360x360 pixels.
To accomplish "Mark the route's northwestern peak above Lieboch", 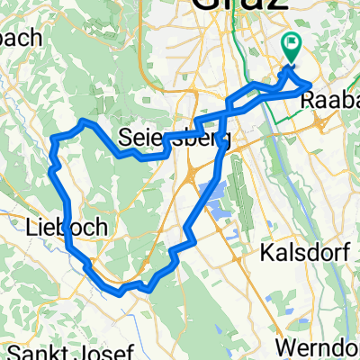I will click(x=83, y=120).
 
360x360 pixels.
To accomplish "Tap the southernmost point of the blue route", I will click(x=121, y=292).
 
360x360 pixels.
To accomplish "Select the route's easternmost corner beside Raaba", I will click(x=310, y=86).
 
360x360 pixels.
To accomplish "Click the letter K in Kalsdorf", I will click(x=264, y=254).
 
